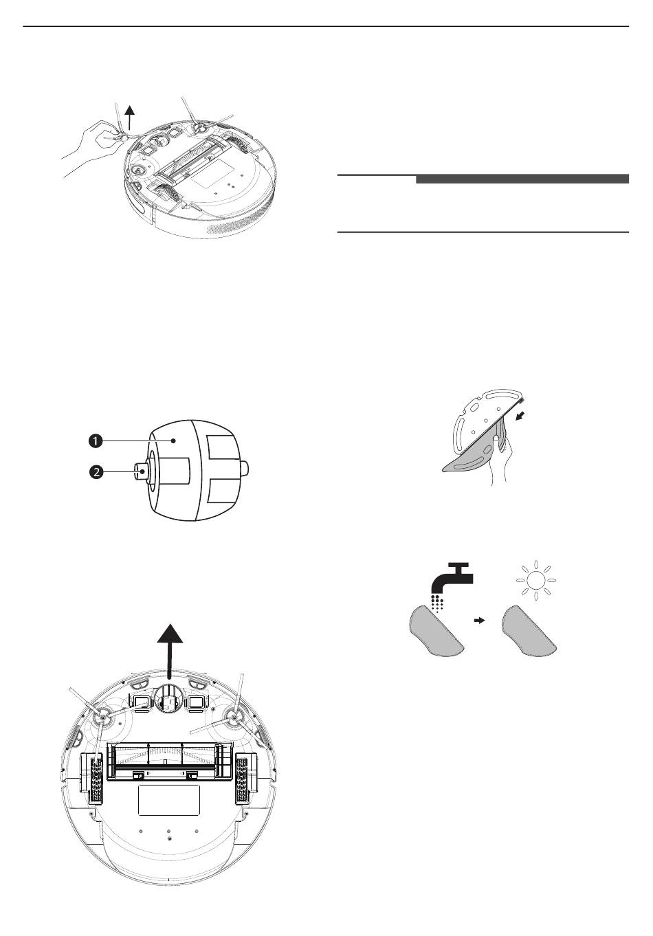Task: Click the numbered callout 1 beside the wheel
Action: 96,441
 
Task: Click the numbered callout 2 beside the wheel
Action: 96,473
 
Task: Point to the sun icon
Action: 535,581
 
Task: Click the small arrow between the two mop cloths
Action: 480,621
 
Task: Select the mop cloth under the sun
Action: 530,630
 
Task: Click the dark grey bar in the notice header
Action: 522,179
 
